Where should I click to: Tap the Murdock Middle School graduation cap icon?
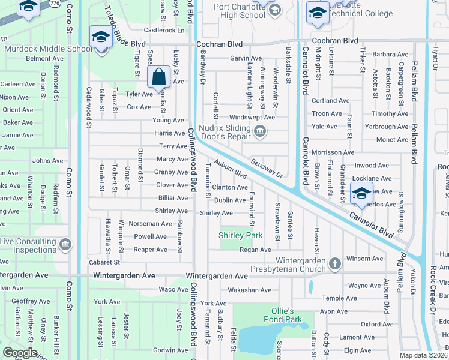(100, 37)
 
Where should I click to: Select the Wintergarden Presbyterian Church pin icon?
(335, 263)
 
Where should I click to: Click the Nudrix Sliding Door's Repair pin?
(260, 131)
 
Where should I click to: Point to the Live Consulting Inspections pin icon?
(65, 245)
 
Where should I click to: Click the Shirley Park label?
(241, 235)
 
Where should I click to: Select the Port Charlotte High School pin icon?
(274, 8)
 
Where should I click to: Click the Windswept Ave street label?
(252, 117)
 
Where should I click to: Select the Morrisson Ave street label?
(333, 153)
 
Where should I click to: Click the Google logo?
(20, 352)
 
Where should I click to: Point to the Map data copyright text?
(424, 355)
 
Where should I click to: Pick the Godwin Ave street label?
(170, 350)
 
